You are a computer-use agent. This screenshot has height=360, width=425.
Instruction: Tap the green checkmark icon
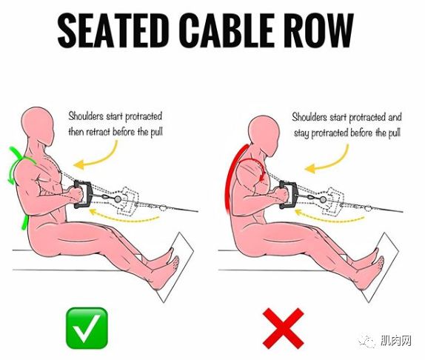87,327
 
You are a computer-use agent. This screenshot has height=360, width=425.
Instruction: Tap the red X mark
284,328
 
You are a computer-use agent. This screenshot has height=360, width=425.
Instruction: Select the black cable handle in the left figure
83,194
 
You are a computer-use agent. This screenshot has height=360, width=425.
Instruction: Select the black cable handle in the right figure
288,195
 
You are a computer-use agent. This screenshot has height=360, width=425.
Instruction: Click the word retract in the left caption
98,132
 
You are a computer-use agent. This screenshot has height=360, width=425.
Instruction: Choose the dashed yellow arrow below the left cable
124,217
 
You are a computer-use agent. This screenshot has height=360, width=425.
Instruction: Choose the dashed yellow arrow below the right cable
329,218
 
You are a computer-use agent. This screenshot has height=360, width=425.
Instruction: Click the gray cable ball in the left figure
118,199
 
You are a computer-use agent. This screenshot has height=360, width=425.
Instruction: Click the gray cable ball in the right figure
323,200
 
